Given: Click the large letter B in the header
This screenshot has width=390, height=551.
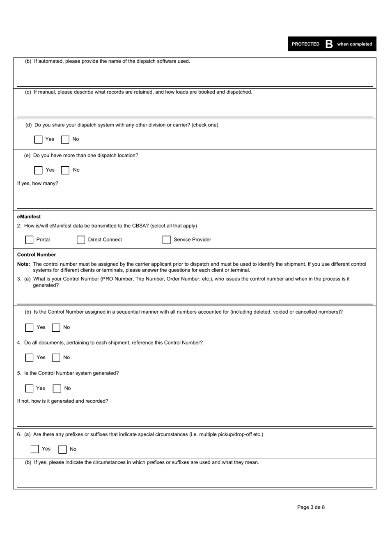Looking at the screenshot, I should (329, 44).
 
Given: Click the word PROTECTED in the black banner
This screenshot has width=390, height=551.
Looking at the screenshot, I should (305, 44).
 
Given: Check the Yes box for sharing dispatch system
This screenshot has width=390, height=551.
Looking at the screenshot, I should (39, 140).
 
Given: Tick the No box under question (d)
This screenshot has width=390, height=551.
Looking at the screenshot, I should (65, 140).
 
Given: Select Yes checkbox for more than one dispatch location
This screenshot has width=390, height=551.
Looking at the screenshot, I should (39, 170).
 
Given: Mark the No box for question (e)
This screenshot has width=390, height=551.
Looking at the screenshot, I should (65, 170).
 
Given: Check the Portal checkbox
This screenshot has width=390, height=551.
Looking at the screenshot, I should (29, 240).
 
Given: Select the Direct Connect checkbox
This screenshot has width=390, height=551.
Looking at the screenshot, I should (81, 240).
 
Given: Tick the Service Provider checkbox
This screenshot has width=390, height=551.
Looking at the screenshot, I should (166, 240).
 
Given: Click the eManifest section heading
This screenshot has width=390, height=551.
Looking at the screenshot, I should (29, 217).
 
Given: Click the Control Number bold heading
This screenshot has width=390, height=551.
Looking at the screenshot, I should (37, 255).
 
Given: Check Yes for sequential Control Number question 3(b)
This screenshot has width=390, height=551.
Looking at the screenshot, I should (29, 328).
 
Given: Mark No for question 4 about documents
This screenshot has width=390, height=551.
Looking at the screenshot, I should (56, 358).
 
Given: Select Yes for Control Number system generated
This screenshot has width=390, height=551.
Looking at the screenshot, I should (29, 388).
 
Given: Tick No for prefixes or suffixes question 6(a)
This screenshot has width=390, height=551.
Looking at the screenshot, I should (62, 449).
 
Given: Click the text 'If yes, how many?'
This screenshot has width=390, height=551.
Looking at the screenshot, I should (37, 184).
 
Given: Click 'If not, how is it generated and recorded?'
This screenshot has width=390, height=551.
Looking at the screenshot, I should (62, 401).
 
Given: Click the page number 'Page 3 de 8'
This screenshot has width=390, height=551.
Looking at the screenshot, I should (311, 507).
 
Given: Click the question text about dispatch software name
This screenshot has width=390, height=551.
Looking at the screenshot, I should (108, 61).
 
